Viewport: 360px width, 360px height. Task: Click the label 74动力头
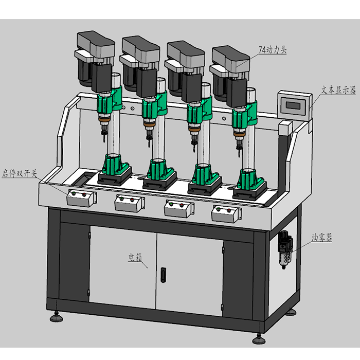tap(273, 50)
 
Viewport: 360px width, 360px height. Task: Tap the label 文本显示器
tap(338, 90)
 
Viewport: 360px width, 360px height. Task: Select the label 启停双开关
tap(20, 173)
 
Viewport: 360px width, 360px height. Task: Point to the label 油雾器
tap(321, 238)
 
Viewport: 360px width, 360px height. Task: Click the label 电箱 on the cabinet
tap(135, 257)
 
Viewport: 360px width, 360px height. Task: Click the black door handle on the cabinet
tap(163, 275)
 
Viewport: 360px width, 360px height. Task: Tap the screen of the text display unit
tap(293, 105)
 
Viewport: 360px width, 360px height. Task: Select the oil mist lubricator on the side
tap(285, 249)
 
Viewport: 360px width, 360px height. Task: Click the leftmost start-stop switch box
tap(81, 198)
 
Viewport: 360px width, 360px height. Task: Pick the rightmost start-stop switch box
tap(226, 214)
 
